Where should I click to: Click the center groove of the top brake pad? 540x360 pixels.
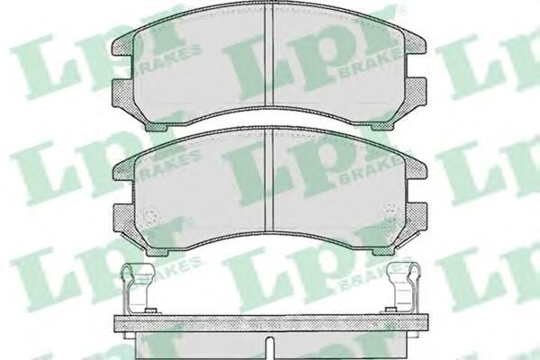[x=268, y=56]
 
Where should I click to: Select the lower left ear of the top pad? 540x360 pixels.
[x=123, y=91]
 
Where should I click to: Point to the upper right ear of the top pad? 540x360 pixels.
[x=417, y=46]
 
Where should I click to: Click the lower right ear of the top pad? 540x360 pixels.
[x=417, y=91]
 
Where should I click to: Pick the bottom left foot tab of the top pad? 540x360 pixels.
[x=157, y=127]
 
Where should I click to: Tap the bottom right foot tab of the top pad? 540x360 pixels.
[x=383, y=126]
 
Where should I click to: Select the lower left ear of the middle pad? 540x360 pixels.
[x=123, y=217]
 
